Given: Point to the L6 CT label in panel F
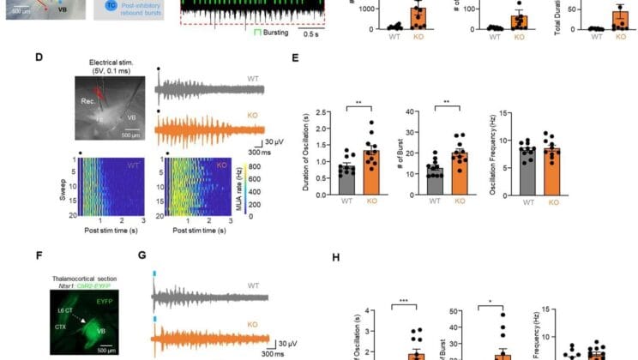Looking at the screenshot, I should (x=64, y=319).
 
